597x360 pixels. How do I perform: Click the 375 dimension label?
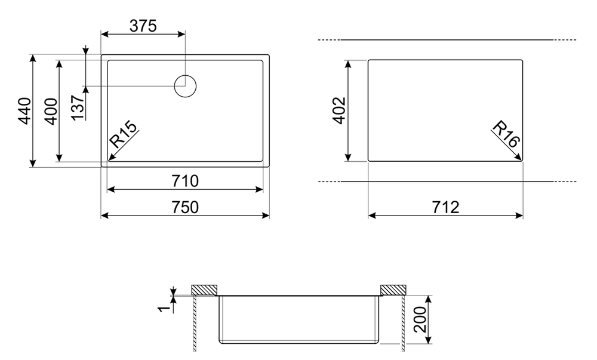pyautogui.click(x=143, y=26)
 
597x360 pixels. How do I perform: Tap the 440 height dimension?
pyautogui.click(x=25, y=110)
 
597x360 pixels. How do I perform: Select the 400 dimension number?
pyautogui.click(x=51, y=111)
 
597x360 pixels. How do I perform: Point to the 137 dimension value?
pyautogui.click(x=78, y=107)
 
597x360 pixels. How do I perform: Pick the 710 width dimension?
pyautogui.click(x=185, y=181)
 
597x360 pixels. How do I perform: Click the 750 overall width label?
pyautogui.click(x=185, y=207)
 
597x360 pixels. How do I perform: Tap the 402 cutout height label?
pyautogui.click(x=339, y=110)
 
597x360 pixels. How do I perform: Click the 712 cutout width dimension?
pyautogui.click(x=445, y=207)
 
